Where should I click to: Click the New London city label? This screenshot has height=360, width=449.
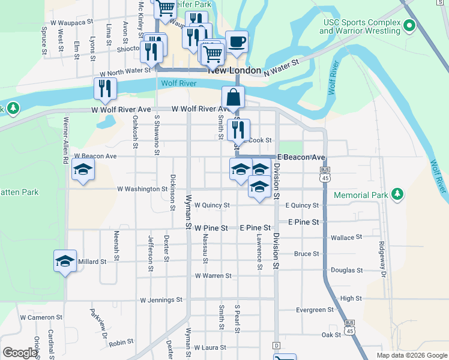point(235,70)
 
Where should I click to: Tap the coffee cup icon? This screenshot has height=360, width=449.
point(237,42)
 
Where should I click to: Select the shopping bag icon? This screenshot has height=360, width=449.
point(233,98)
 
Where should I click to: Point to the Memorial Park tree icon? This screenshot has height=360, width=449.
point(396,194)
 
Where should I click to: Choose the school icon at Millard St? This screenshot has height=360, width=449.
point(65,261)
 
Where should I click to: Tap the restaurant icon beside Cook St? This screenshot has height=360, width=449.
point(239,130)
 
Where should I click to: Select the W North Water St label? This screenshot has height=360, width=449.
point(120,71)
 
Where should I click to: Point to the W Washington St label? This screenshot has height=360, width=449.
point(142,189)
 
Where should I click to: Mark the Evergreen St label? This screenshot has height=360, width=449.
point(315,310)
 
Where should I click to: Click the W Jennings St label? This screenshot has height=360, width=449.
point(161,300)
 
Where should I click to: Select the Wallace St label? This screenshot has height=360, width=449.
point(346,238)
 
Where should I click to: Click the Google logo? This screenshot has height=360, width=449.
point(20,353)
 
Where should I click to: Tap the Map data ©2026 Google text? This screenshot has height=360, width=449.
point(411,355)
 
